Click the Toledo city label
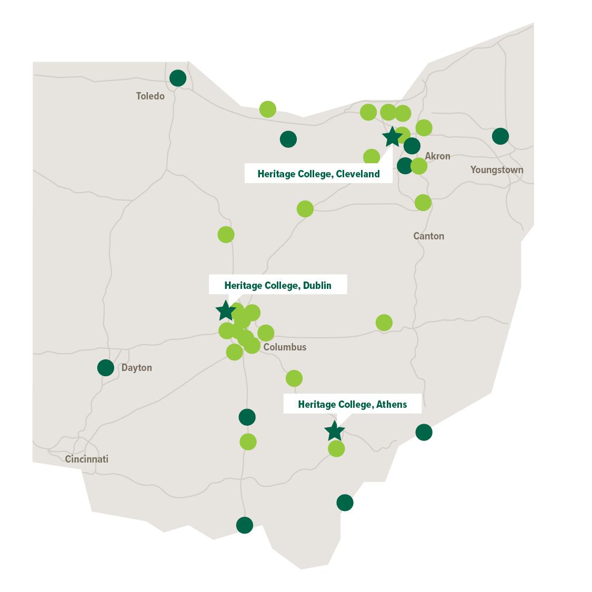[x=150, y=96]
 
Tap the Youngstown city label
[x=496, y=169]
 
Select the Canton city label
[x=428, y=236]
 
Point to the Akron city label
[x=437, y=156]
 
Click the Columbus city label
[x=284, y=347]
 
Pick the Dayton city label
[x=136, y=367]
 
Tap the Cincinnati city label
[x=87, y=459]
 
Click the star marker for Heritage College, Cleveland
[x=392, y=137]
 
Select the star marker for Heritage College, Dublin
[x=225, y=311]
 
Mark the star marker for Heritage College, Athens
[x=334, y=431]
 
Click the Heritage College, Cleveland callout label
[x=318, y=174]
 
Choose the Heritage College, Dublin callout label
[x=278, y=285]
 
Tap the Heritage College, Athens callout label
[x=352, y=404]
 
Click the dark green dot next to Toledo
[x=178, y=78]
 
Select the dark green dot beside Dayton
[x=106, y=367]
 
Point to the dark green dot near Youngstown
[x=500, y=136]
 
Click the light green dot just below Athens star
[x=336, y=449]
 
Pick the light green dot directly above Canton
[x=423, y=202]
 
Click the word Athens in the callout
[x=392, y=404]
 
